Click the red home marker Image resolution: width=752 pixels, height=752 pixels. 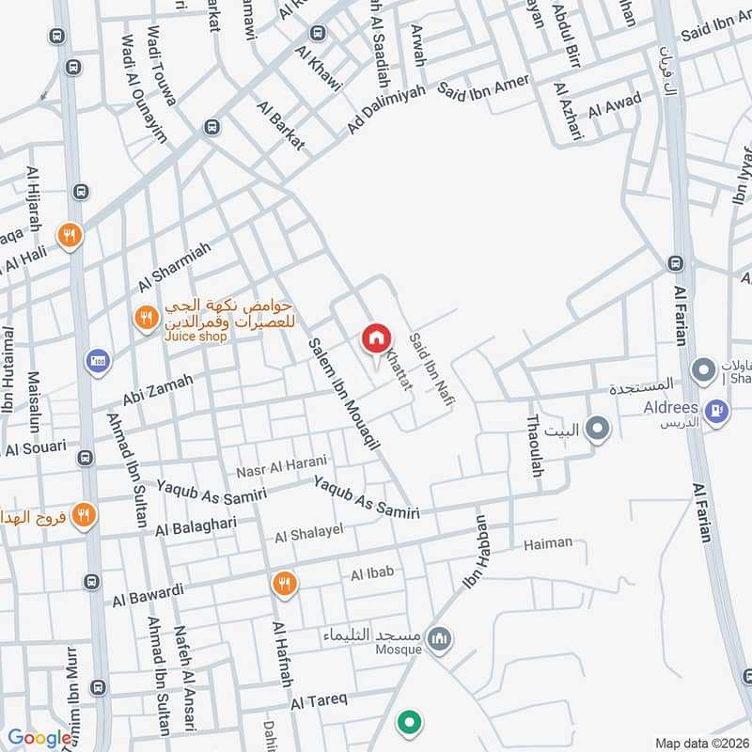pos(376,337)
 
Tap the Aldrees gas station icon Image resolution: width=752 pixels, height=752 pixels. pos(717,411)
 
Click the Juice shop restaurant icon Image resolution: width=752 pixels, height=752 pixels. pos(145,318)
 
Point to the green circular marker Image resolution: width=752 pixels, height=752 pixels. pos(408,722)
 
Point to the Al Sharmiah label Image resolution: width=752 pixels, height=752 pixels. pos(175,266)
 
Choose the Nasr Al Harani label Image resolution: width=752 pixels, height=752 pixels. pos(281,462)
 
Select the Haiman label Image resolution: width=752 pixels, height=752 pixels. pos(547,543)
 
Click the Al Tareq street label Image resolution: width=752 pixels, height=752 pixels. pos(319,700)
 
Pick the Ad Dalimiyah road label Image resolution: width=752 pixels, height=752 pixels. pos(386,109)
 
